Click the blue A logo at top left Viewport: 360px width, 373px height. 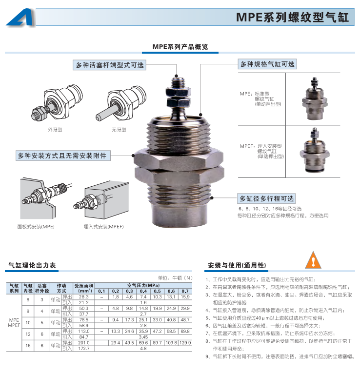21,18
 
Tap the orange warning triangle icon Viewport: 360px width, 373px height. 313,260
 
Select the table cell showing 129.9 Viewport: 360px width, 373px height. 185,343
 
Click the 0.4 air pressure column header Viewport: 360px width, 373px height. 143,291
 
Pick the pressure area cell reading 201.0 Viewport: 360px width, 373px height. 84,343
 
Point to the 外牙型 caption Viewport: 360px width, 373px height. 55,130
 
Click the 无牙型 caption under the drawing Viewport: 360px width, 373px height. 119,130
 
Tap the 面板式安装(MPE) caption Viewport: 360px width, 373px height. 36,226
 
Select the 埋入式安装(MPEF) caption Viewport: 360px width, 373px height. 104,226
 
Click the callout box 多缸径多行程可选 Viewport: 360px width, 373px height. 266,198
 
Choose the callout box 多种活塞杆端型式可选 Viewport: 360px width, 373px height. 109,65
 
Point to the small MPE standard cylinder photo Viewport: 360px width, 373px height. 314,98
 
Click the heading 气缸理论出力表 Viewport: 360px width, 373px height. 32,265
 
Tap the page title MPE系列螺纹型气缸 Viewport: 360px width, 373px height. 293,17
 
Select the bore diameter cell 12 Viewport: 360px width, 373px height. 28,334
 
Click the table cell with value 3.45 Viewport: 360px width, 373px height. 143,337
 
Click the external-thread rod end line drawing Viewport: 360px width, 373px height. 57,102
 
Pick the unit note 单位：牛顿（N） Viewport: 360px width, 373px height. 175,278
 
